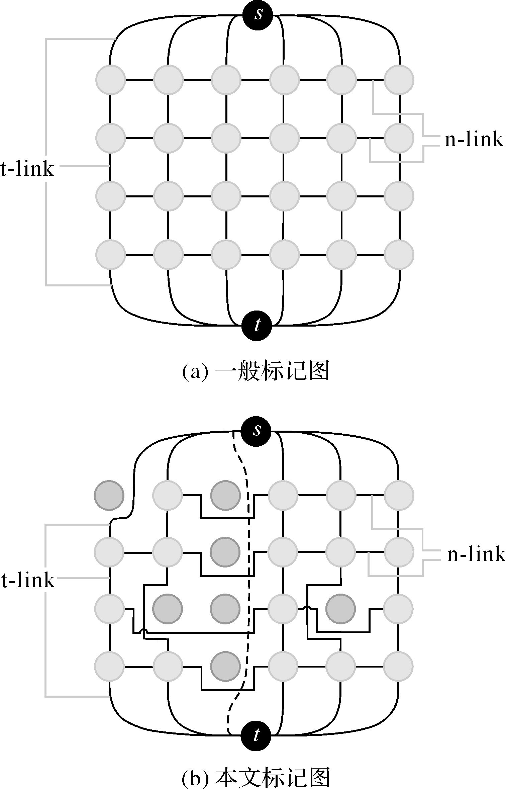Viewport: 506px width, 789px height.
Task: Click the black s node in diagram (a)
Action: pyautogui.click(x=258, y=15)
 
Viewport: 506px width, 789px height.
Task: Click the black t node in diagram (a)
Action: pyautogui.click(x=257, y=325)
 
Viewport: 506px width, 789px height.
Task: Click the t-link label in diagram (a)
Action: pyautogui.click(x=27, y=169)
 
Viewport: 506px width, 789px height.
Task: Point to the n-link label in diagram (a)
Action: pyautogui.click(x=474, y=140)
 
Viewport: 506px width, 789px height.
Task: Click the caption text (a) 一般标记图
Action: pyautogui.click(x=256, y=371)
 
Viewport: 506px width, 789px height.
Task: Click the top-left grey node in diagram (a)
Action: pyautogui.click(x=111, y=80)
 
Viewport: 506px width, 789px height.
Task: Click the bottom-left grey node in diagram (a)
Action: pyautogui.click(x=111, y=255)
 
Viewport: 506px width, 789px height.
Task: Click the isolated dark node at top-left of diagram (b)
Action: pyautogui.click(x=109, y=496)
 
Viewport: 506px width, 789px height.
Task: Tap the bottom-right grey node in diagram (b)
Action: pyautogui.click(x=398, y=667)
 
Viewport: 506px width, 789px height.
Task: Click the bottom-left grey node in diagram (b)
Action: pyautogui.click(x=109, y=667)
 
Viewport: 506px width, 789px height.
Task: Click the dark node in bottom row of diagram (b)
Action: pyautogui.click(x=226, y=666)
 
